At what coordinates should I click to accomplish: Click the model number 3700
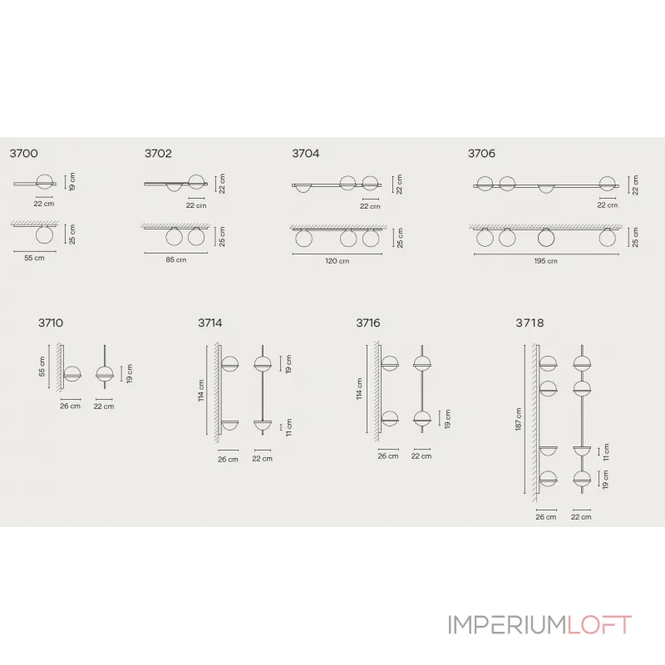(23, 153)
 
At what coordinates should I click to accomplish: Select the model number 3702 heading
(158, 153)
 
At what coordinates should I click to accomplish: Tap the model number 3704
(305, 153)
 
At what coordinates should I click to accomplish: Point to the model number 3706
(481, 153)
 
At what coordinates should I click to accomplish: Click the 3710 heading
(50, 323)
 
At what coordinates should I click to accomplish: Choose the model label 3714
(209, 323)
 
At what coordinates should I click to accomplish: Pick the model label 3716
(367, 323)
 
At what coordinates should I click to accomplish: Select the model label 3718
(529, 323)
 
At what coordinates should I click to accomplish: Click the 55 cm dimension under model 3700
(34, 259)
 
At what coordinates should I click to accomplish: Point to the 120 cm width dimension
(337, 260)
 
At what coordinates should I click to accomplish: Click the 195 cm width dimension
(546, 261)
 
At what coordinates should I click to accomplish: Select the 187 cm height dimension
(518, 419)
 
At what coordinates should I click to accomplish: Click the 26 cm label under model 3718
(546, 517)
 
